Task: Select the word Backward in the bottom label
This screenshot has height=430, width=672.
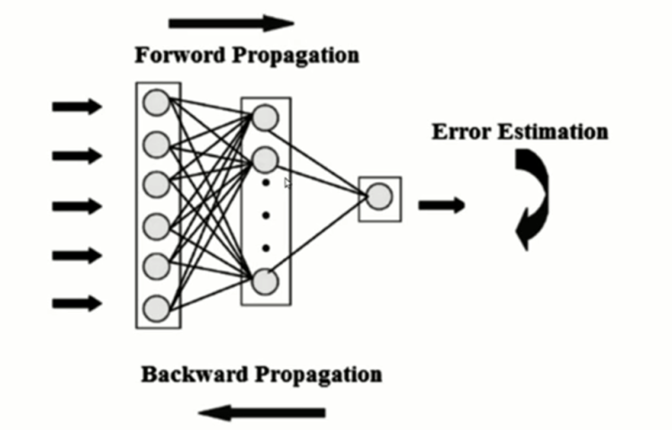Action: [188, 374]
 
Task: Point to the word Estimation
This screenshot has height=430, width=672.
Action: [550, 133]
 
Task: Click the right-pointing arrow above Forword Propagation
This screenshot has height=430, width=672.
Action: [231, 22]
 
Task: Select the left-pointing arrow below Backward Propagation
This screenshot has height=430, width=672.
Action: [262, 412]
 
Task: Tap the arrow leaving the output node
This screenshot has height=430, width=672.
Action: [442, 205]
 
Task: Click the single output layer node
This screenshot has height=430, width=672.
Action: [379, 196]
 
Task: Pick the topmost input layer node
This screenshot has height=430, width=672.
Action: [157, 101]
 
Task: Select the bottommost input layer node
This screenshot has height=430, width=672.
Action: [157, 309]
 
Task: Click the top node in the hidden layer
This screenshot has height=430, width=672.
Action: [264, 117]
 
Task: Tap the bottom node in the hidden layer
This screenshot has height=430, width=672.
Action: [264, 281]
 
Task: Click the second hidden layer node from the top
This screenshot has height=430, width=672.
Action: [264, 160]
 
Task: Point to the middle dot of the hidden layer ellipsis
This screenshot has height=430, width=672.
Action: [265, 215]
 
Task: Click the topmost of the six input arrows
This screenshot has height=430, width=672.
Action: [77, 107]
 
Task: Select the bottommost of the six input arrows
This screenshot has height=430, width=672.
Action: [77, 303]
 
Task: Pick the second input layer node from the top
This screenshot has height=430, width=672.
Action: [157, 143]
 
